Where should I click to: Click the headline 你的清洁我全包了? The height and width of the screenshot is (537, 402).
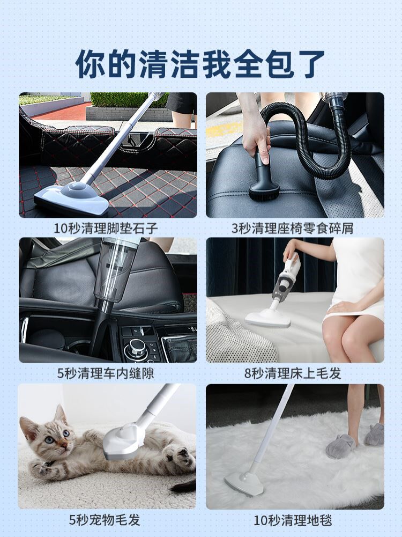(200, 64)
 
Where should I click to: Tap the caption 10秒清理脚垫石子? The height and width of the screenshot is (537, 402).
(106, 228)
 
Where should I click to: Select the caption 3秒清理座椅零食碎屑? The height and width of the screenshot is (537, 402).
(293, 228)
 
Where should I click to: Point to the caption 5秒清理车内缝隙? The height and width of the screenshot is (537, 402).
(106, 373)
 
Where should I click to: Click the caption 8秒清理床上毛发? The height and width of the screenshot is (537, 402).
(293, 373)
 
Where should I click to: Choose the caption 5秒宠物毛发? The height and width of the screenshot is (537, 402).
(105, 519)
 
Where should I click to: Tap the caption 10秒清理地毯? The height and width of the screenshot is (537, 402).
(293, 520)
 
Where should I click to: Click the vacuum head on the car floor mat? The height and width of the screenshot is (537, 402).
(71, 198)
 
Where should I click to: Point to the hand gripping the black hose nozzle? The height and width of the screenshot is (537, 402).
(255, 136)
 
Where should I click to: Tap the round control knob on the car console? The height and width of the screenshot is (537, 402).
(136, 348)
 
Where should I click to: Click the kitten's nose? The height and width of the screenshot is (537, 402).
(64, 445)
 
